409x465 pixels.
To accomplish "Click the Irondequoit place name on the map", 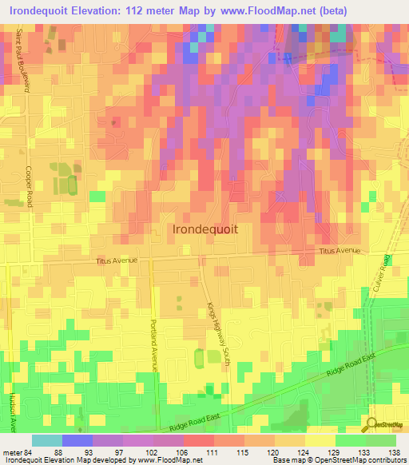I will pos(205,229).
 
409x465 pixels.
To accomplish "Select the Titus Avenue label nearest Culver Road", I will pos(340,251).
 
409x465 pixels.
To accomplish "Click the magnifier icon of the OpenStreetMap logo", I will pos(373,424).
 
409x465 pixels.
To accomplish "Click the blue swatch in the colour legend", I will pos(77,440).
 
